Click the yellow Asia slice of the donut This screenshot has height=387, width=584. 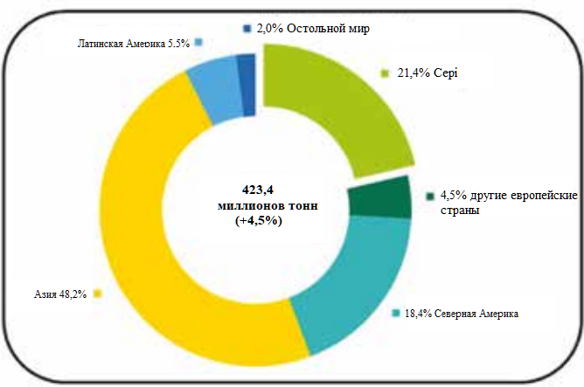149,262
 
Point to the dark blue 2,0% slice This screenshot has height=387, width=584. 247,84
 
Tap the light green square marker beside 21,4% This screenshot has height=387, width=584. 384,75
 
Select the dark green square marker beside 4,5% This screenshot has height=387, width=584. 430,197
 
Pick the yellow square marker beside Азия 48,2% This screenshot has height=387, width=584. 97,294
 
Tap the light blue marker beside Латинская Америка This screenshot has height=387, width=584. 199,42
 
